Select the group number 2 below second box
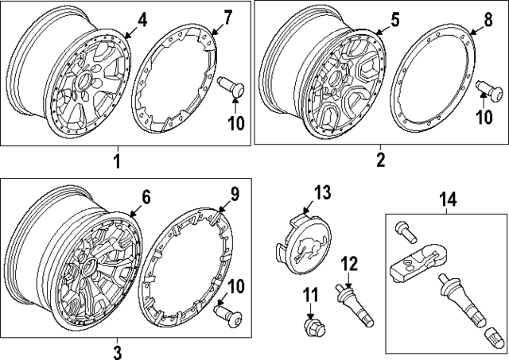380,160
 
